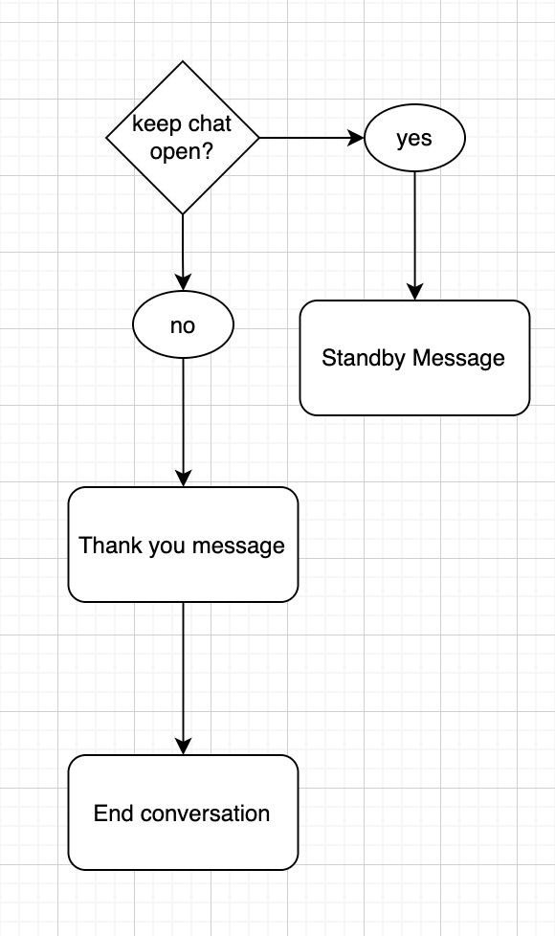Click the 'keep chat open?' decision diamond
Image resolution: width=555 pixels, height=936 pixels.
(183, 138)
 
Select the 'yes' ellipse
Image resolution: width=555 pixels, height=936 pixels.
(414, 138)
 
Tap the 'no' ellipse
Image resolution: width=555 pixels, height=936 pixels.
(183, 324)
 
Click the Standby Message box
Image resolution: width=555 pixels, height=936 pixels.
(414, 358)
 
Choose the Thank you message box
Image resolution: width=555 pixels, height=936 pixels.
(183, 545)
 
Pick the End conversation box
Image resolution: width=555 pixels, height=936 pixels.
(183, 813)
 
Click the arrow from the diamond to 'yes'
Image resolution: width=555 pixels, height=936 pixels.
(312, 138)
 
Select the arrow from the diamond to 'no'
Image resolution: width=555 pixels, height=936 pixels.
(183, 253)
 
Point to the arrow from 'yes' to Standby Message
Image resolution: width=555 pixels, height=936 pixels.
(414, 235)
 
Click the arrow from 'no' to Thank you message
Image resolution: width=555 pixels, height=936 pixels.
(183, 423)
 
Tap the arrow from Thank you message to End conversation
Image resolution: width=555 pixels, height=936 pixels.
(183, 679)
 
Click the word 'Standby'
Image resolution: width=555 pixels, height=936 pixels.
(364, 358)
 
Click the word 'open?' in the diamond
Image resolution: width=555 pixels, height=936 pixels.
(182, 151)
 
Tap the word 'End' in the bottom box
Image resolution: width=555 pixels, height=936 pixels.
(113, 813)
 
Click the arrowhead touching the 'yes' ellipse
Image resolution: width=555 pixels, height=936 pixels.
(356, 138)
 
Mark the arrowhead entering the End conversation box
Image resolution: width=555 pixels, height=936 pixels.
(183, 747)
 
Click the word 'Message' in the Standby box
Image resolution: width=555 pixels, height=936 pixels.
(459, 358)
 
